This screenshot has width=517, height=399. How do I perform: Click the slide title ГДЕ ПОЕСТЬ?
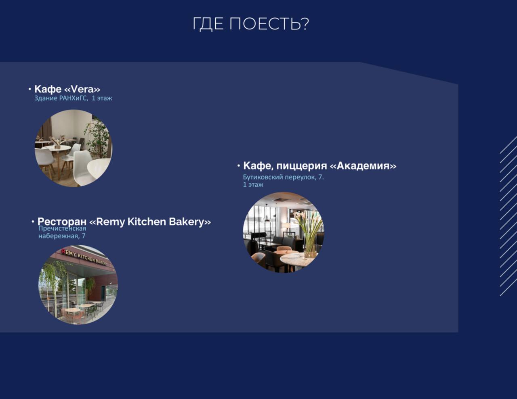click(x=251, y=24)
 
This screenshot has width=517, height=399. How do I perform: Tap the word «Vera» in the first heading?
click(x=82, y=89)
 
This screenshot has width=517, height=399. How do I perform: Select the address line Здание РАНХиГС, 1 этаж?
click(x=73, y=98)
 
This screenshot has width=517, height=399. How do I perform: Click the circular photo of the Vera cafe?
click(x=74, y=148)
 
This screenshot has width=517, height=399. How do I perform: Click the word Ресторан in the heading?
click(x=62, y=221)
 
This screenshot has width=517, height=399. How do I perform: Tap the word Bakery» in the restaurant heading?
click(x=190, y=222)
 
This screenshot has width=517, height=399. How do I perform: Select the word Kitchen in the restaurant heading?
click(x=147, y=221)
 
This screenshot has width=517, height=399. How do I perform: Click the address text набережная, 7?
click(x=62, y=236)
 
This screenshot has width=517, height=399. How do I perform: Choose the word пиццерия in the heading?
click(x=302, y=166)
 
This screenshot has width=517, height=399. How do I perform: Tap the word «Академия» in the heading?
click(x=363, y=166)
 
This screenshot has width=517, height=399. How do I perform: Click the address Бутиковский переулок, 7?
click(x=284, y=177)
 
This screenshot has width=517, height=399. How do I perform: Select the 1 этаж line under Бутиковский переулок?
click(x=253, y=185)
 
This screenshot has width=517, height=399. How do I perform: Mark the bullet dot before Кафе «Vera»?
click(x=30, y=89)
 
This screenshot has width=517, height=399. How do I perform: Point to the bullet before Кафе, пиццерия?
click(x=239, y=166)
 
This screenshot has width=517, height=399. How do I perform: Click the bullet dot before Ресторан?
click(x=33, y=222)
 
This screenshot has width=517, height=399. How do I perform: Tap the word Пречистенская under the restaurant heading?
click(x=62, y=229)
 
